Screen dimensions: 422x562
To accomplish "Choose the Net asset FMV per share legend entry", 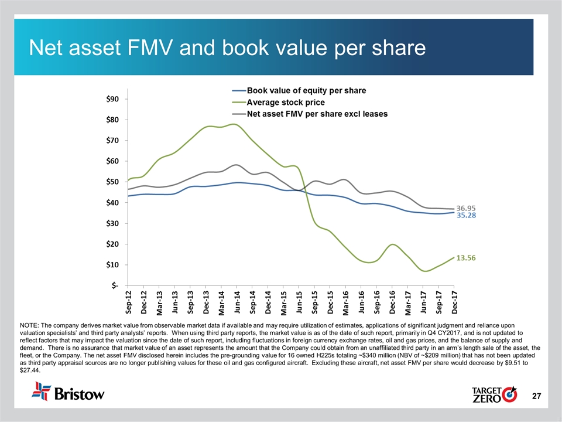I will point(317,114).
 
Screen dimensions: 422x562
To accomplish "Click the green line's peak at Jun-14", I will point(235,124).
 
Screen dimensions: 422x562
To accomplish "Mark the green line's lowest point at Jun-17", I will point(425,271).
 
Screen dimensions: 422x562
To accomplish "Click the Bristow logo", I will point(69,392).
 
